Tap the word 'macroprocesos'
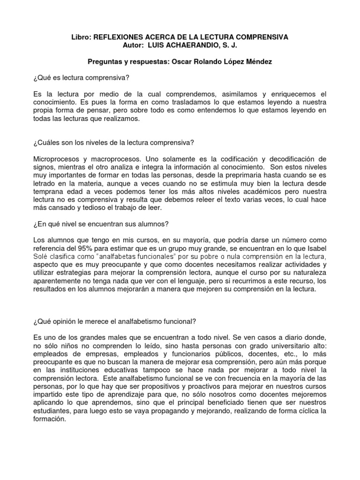pos(122,159)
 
